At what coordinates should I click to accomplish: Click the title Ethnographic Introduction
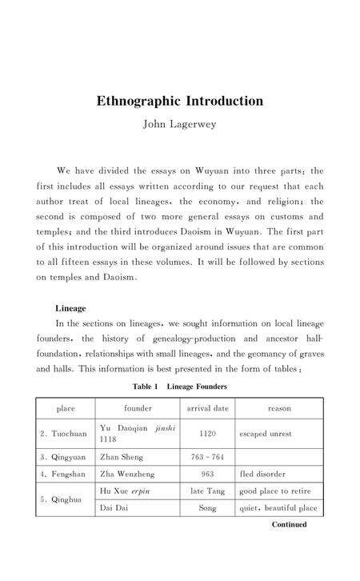[x=180, y=102]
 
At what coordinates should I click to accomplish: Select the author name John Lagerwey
[x=180, y=125]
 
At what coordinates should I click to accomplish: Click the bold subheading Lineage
[x=70, y=307]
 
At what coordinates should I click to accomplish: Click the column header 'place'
[x=66, y=408]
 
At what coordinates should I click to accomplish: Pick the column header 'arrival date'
[x=207, y=408]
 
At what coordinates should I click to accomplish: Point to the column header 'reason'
[x=279, y=408]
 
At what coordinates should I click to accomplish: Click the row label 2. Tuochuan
[x=64, y=434]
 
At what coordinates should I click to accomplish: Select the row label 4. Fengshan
[x=64, y=474]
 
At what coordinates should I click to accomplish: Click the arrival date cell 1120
[x=207, y=434]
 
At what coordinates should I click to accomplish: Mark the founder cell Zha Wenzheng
[x=128, y=474]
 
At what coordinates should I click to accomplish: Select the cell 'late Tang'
[x=207, y=490]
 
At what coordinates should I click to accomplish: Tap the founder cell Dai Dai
[x=114, y=507]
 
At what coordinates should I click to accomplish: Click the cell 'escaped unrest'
[x=266, y=434]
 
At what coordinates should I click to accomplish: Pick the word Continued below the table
[x=289, y=525]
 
